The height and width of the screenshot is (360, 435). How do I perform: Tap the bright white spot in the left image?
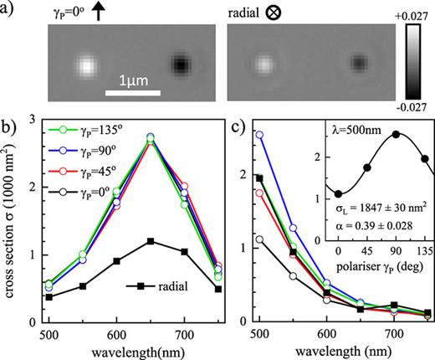pos(84,65)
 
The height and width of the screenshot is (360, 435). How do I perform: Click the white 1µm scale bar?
pos(132,90)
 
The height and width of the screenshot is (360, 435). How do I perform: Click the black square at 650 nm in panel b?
pos(150,241)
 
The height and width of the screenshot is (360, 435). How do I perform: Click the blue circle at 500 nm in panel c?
pos(260,134)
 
